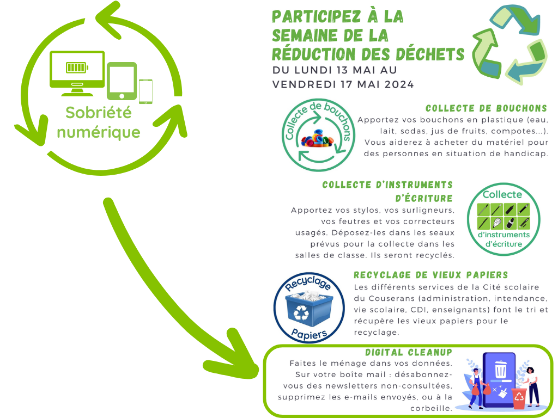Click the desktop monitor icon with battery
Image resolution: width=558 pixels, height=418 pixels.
pos(77,70)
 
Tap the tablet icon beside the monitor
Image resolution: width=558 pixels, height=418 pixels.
pos(121,82)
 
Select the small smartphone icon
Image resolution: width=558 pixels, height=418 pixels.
pos(145,91)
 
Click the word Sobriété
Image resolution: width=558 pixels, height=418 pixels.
pos(99,113)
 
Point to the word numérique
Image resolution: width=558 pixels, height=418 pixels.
pos(99,132)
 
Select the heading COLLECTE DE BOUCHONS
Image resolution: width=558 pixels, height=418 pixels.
pos(486,108)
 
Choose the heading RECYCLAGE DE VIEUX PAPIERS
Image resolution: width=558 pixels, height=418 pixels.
pos(430,275)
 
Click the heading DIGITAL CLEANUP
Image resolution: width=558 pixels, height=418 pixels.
pos(409,353)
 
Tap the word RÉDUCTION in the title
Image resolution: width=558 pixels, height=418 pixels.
pos(313,54)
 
